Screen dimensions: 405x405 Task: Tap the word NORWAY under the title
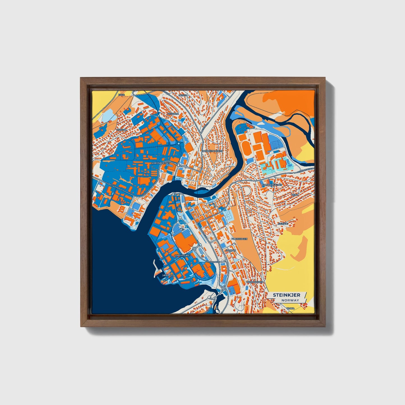291,300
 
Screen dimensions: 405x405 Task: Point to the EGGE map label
121,95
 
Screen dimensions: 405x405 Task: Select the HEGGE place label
182,95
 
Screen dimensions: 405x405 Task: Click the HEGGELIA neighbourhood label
173,114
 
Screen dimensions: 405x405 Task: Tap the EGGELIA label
122,130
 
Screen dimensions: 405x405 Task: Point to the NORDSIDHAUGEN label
212,151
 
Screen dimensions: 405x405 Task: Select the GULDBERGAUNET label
271,185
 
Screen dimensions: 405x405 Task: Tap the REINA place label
295,195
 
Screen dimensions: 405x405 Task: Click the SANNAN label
231,250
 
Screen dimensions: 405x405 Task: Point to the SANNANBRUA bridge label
212,262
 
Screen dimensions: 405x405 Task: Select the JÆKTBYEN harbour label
168,276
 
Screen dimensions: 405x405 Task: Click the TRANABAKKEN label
255,282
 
